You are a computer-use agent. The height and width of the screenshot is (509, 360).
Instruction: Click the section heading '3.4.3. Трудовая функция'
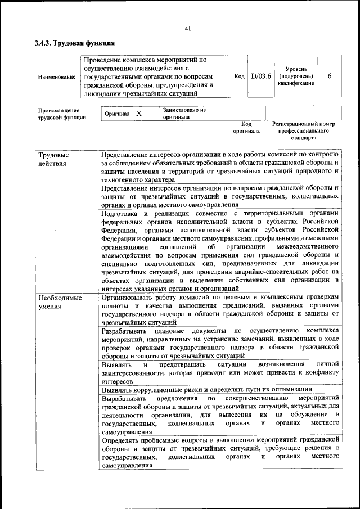75,42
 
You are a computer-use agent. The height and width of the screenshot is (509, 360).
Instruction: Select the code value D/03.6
261,76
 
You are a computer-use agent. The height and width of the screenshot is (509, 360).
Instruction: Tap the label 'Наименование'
57,76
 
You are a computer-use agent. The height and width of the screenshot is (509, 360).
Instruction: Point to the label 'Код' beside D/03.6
238,76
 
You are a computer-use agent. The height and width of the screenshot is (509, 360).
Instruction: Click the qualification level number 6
329,76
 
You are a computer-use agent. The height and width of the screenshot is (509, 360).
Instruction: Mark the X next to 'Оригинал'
138,114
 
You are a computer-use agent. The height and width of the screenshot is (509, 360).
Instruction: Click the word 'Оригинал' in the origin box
117,114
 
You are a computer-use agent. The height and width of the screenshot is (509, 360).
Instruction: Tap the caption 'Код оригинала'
246,127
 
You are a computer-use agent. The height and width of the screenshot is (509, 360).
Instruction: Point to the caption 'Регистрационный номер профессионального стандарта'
304,130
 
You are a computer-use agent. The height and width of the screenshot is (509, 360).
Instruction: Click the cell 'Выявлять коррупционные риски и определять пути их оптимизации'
206,389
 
